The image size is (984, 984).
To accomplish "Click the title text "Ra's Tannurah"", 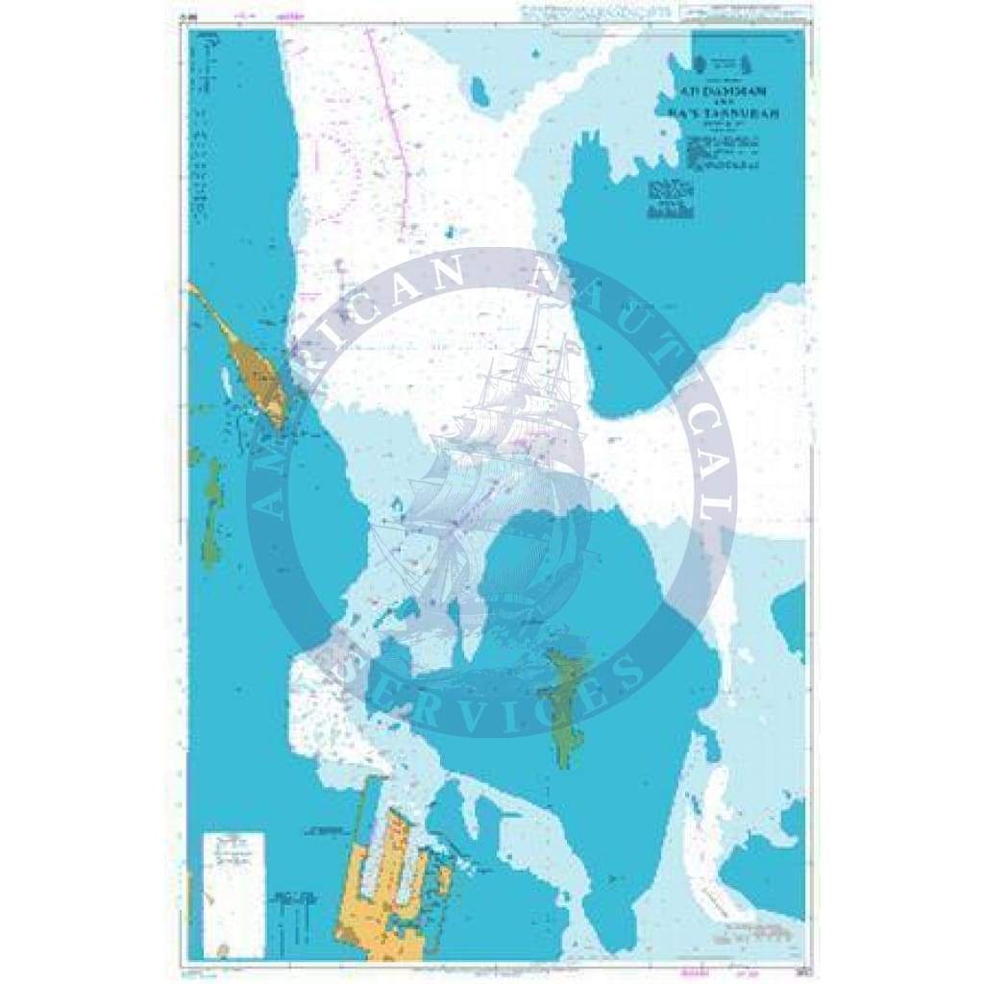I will click(x=723, y=112).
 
